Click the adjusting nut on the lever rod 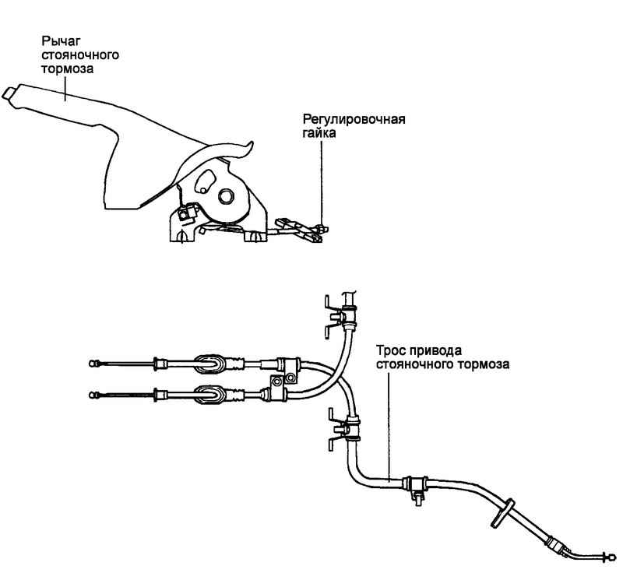pos(320,229)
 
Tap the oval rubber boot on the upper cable pos(208,363)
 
